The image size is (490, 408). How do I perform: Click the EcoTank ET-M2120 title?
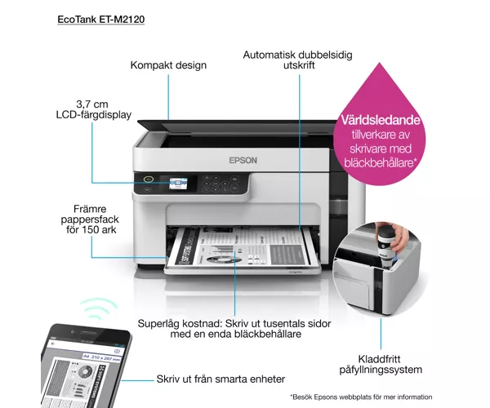(x=101, y=20)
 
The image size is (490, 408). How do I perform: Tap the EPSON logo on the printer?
(x=243, y=161)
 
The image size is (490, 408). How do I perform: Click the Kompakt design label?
(x=168, y=65)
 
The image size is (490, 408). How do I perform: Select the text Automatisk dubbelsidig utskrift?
(x=298, y=60)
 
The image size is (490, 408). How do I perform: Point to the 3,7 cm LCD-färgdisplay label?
(x=94, y=109)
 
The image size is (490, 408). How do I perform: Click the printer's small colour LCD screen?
(x=178, y=184)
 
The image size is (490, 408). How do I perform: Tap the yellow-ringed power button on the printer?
(x=149, y=180)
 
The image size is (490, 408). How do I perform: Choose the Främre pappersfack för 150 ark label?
(x=90, y=220)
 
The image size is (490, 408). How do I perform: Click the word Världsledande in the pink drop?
(x=381, y=120)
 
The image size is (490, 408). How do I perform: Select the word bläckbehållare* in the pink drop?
(x=381, y=162)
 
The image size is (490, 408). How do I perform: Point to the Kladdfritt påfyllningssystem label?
(x=381, y=365)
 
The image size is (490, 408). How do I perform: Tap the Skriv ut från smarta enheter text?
(x=220, y=379)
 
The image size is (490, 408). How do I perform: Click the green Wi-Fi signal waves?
(x=99, y=308)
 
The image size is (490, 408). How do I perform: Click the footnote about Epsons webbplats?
(x=361, y=397)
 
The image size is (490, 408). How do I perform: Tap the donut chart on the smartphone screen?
(x=86, y=372)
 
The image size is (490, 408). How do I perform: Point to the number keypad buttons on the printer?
(x=216, y=184)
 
